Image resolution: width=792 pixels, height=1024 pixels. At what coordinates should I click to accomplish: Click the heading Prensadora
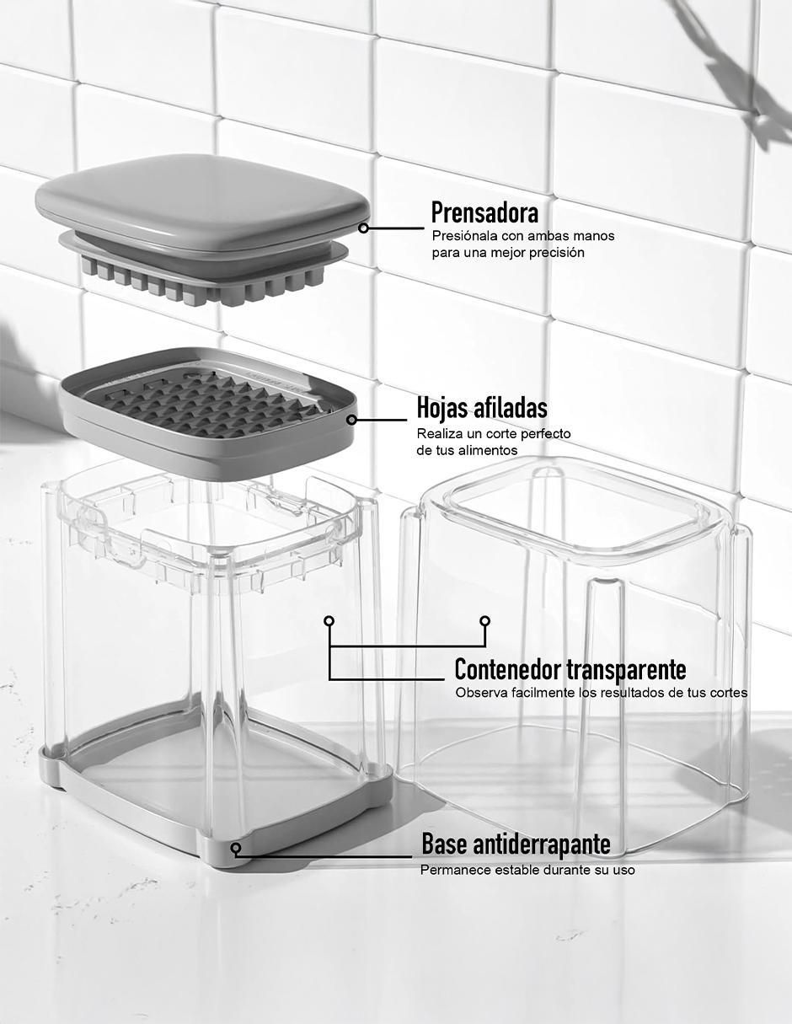[484, 212]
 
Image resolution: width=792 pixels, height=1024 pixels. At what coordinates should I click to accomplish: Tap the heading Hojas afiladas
[482, 408]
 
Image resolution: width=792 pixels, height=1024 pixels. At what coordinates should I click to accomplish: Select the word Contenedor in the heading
[507, 669]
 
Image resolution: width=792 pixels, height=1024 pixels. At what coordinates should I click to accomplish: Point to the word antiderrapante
[542, 844]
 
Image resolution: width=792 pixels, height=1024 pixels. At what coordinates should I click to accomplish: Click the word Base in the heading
[445, 844]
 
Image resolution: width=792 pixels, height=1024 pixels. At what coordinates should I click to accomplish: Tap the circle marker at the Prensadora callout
[363, 228]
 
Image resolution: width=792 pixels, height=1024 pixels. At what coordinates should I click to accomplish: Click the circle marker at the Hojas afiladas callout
[351, 420]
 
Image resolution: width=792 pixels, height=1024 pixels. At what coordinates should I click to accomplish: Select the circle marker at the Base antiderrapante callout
[236, 848]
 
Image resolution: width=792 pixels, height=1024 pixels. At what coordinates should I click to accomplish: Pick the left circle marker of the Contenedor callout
[329, 620]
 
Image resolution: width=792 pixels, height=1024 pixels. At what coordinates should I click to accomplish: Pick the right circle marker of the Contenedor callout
[485, 620]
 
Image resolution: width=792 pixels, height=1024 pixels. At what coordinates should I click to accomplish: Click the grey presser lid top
[202, 201]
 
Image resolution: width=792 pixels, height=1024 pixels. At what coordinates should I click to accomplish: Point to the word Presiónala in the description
[462, 236]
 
